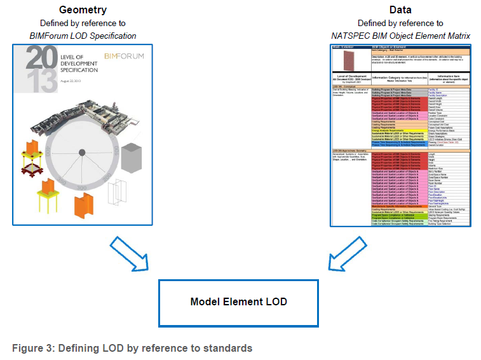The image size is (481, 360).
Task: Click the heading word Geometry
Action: [83, 10]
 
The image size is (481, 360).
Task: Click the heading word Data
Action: [400, 10]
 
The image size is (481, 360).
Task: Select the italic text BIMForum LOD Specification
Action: [83, 36]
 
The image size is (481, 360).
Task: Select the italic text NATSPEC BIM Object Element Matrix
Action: [400, 36]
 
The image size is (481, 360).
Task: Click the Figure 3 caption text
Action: [132, 348]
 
